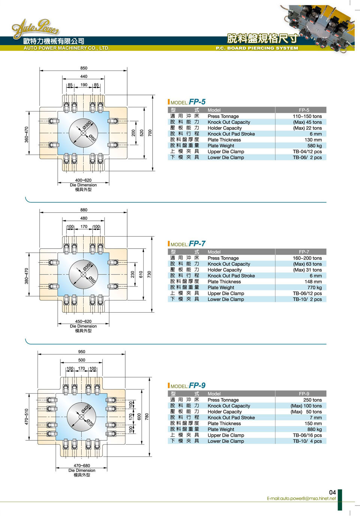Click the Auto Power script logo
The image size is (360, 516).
[35, 28]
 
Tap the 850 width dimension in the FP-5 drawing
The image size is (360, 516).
[84, 68]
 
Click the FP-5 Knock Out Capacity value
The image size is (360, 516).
[307, 122]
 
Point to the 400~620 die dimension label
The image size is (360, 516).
[83, 180]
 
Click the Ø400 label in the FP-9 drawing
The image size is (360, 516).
[85, 409]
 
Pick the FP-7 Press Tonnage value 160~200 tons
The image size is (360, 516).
[307, 258]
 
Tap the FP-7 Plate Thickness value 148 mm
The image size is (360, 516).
[313, 282]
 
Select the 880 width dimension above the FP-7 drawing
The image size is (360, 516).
[84, 210]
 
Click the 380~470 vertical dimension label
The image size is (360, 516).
[27, 276]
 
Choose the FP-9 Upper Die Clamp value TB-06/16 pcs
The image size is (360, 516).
[307, 435]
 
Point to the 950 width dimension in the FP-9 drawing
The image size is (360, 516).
[81, 352]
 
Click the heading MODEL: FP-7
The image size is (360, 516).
[187, 244]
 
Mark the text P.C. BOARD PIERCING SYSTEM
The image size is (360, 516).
[257, 48]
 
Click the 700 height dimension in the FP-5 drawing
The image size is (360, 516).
[150, 133]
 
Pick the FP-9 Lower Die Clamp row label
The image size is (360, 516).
[226, 441]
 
